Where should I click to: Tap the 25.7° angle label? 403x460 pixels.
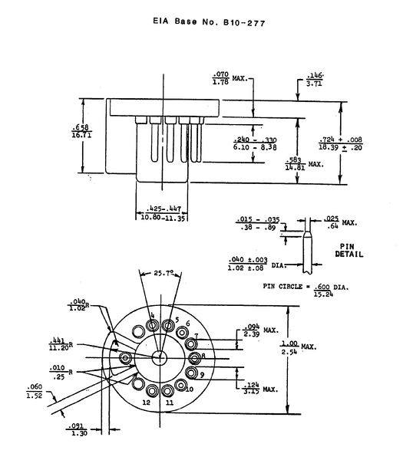160,273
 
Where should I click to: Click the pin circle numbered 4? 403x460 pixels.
154,324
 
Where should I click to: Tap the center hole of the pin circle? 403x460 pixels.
160,357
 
